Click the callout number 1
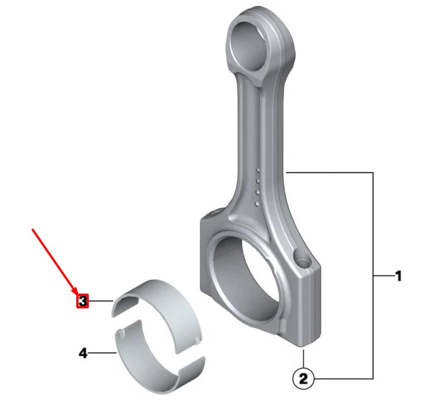click(398, 276)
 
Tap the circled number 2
click(304, 379)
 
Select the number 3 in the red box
click(82, 301)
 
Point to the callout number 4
click(83, 353)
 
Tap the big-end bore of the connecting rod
click(245, 279)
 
